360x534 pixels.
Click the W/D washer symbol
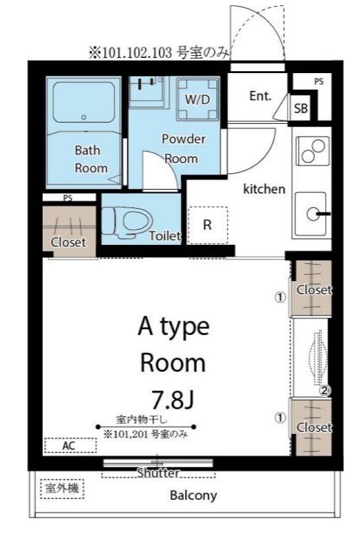pos(197,99)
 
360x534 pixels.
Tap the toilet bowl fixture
pos(126,222)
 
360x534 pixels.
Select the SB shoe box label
pos(301,108)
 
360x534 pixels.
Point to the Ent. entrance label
pos(261,96)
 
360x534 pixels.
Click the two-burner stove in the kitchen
pos(313,151)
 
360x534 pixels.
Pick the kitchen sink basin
pos(311,214)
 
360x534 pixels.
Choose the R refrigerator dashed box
pos(207,225)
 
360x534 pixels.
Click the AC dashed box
pos(70,445)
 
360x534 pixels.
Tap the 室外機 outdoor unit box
pos(63,489)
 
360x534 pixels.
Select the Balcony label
pos(193,495)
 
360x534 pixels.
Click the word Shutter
pos(158,473)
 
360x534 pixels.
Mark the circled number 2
pos(324,391)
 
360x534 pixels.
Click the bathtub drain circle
pos(84,117)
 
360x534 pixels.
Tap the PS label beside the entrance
pos(319,82)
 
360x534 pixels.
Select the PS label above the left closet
pos(68,198)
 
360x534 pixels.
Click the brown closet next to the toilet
pos(69,231)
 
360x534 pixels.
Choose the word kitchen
pos(264,189)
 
